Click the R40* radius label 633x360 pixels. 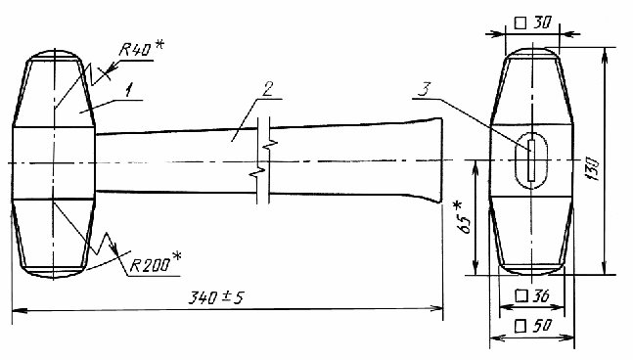141,49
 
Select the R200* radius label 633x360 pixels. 156,264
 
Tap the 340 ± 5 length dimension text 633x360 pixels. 216,297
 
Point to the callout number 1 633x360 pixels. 128,90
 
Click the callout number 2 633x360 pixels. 268,89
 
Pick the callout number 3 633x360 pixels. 425,89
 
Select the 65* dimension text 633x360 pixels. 464,217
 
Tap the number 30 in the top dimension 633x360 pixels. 541,22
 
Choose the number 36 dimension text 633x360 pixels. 541,296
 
